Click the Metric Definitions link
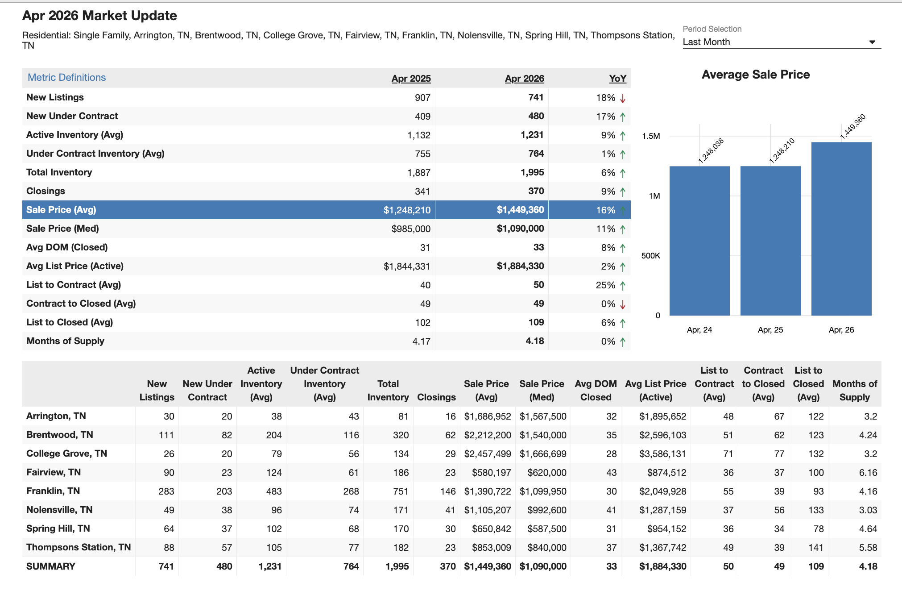pos(66,77)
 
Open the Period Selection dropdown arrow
pos(872,42)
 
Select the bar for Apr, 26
pos(841,229)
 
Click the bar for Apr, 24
pos(699,241)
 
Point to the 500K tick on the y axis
pos(651,256)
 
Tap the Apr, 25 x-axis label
pos(770,330)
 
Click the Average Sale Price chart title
pos(756,75)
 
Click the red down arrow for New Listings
pos(623,98)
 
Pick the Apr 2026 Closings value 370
pos(536,191)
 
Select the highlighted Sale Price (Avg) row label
pos(61,210)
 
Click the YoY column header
pos(618,79)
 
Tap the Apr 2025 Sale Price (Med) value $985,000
pos(411,229)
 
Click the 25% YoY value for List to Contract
pos(605,285)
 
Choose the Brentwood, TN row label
pos(60,435)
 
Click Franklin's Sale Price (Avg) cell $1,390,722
pos(488,491)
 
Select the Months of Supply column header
pos(855,391)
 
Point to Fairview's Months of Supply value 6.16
pos(868,473)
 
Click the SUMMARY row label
pos(51,566)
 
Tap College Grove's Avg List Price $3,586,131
pos(662,454)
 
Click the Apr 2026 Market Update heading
pos(99,16)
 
